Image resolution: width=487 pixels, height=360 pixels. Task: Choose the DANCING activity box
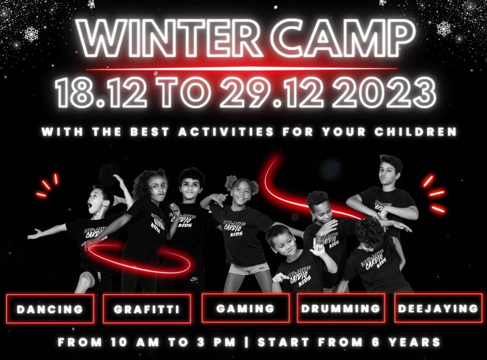click(x=50, y=309)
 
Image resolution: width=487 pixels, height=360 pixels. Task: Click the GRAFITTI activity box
click(x=147, y=309)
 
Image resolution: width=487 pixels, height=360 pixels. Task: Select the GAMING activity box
click(x=246, y=308)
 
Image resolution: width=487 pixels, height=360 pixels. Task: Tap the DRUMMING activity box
click(x=341, y=308)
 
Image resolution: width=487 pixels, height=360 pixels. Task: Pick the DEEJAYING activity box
click(x=438, y=308)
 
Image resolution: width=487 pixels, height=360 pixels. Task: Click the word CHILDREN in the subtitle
click(x=415, y=132)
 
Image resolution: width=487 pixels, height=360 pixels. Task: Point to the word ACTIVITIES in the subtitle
click(x=226, y=132)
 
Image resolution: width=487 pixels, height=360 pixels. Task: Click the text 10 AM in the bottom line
click(x=134, y=342)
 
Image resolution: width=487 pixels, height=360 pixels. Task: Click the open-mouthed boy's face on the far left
click(x=99, y=202)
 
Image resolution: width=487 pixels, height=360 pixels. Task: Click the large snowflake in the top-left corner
click(x=31, y=34)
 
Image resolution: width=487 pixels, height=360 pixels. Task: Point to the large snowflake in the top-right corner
click(x=444, y=28)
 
